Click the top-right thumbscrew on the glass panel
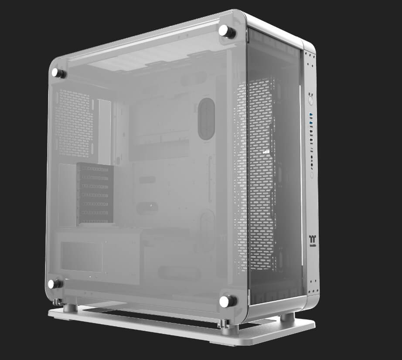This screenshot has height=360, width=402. (226, 31)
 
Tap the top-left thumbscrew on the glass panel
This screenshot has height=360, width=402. (58, 73)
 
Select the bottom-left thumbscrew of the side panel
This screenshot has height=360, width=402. (55, 284)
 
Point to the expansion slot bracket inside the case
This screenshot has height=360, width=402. (95, 194)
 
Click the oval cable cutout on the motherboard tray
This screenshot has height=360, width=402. (206, 119)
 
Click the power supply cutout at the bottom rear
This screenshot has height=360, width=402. (82, 256)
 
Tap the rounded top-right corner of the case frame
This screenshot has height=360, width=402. (309, 47)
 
